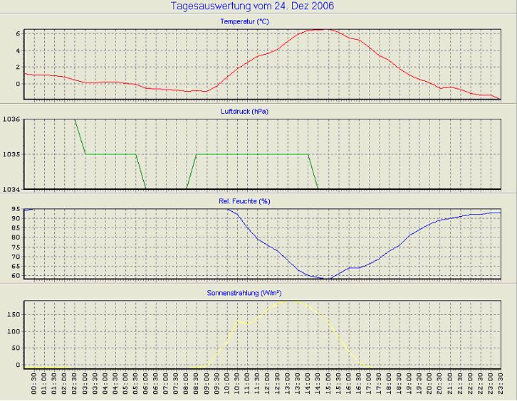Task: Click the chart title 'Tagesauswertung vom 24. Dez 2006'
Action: (253, 6)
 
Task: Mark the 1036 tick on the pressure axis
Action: (11, 119)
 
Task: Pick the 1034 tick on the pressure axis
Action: (11, 188)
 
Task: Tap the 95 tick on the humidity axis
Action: (14, 210)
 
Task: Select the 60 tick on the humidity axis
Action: (14, 275)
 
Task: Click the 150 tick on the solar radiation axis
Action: (12, 314)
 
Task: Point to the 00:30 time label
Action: (34, 387)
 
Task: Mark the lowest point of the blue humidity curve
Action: (328, 279)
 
